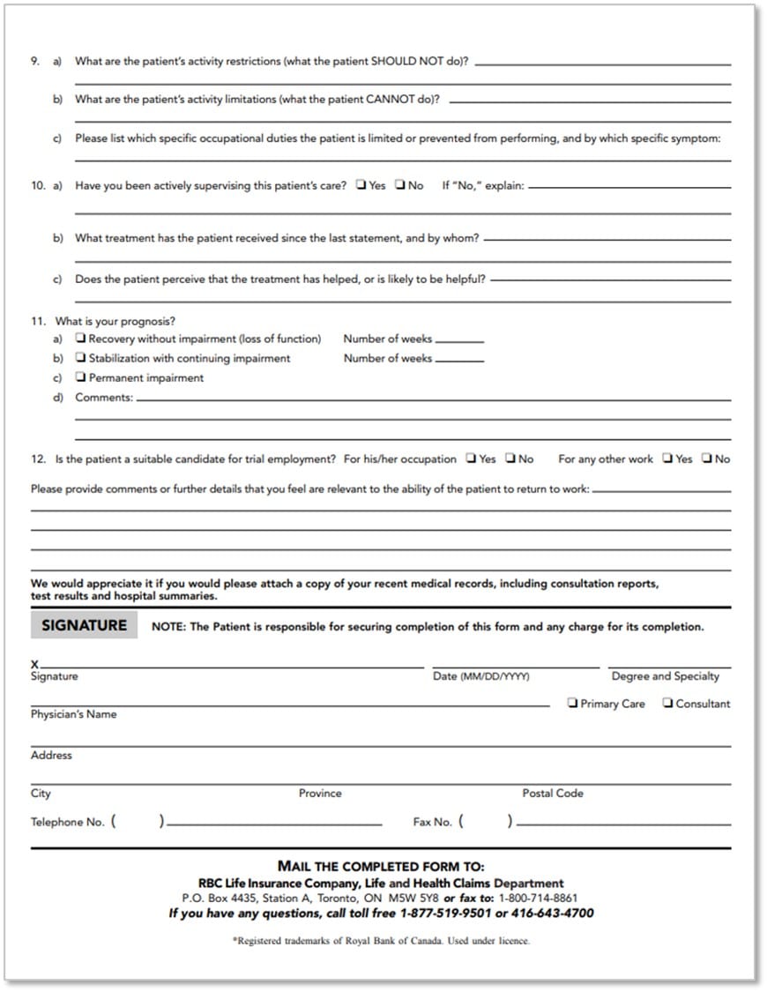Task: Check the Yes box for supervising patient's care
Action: (x=361, y=185)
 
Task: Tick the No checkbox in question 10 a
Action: (x=400, y=185)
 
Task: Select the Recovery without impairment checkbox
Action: (x=81, y=339)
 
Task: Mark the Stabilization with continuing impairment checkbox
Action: (x=81, y=358)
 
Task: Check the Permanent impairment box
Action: (x=81, y=377)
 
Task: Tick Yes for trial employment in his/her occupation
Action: (x=472, y=459)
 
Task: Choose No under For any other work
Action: (x=707, y=459)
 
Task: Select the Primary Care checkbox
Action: (x=573, y=704)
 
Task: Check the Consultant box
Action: (x=668, y=704)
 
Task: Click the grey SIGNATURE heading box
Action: (x=84, y=625)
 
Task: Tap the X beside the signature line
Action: (x=34, y=664)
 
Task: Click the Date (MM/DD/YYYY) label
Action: (x=481, y=676)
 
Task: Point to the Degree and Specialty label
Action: (x=665, y=676)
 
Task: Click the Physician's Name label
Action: (x=73, y=714)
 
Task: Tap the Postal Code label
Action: (x=553, y=794)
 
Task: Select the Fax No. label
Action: (x=432, y=822)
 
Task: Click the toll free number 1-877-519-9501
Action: (x=445, y=914)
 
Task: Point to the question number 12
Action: (x=38, y=459)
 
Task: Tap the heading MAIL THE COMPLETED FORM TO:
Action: (x=381, y=867)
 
